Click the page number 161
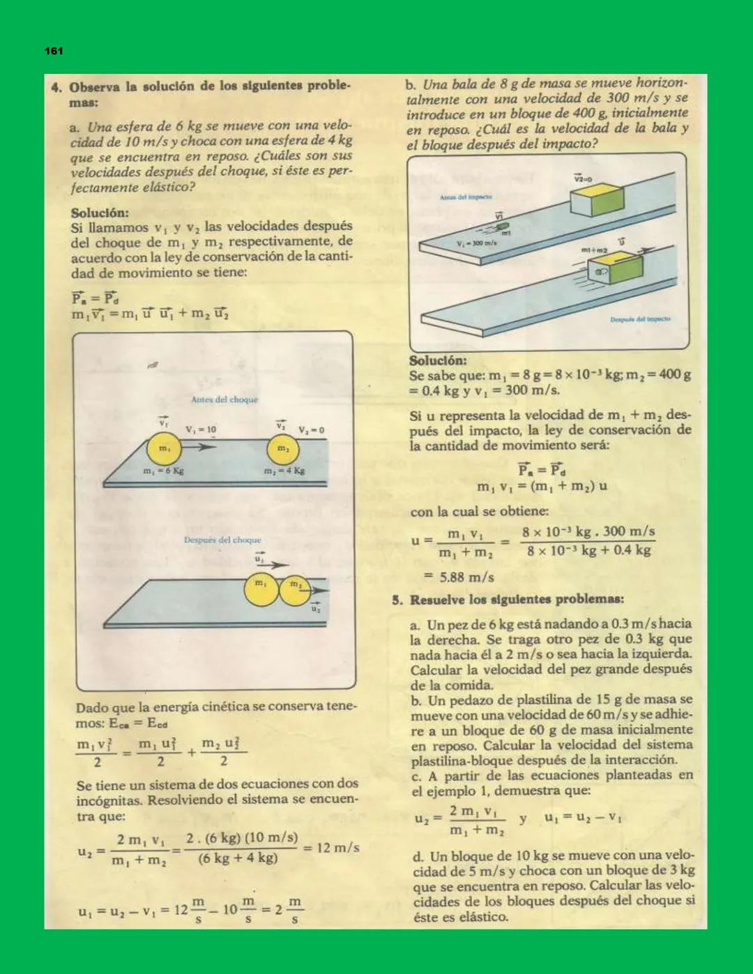[x=54, y=51]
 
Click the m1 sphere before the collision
[x=164, y=449]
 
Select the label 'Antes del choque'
[x=225, y=400]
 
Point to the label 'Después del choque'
[x=222, y=540]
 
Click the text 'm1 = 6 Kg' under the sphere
[x=163, y=471]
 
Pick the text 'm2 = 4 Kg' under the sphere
[x=284, y=471]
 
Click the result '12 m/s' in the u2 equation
[x=337, y=848]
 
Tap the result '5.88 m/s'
[x=466, y=577]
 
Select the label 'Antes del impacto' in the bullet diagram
[x=466, y=197]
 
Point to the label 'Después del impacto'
[x=640, y=319]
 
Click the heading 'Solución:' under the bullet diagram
[x=438, y=360]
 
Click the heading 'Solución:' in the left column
[x=100, y=213]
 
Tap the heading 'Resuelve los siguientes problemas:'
[x=516, y=600]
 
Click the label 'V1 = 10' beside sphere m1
[x=201, y=429]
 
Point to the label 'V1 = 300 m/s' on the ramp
[x=477, y=243]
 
